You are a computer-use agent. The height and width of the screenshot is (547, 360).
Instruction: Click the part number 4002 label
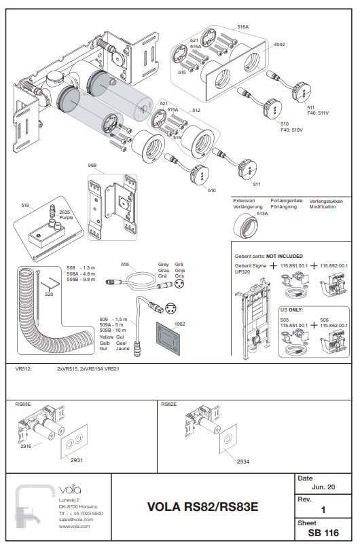278,44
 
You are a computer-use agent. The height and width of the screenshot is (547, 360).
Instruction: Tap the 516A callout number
242,26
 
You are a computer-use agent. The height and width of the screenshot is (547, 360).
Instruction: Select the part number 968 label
92,165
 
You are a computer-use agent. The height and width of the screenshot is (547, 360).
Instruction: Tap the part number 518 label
124,264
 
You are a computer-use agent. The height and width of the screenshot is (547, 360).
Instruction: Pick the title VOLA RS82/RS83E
202,507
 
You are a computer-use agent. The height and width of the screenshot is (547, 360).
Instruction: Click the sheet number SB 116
323,533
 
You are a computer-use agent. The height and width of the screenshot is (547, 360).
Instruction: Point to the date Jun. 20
323,488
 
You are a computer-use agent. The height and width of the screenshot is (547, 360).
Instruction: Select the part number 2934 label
242,461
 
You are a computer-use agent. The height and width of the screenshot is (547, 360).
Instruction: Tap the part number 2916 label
26,446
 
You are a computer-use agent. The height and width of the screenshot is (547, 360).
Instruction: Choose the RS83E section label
22,404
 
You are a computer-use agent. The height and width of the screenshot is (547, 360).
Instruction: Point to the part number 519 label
25,204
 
